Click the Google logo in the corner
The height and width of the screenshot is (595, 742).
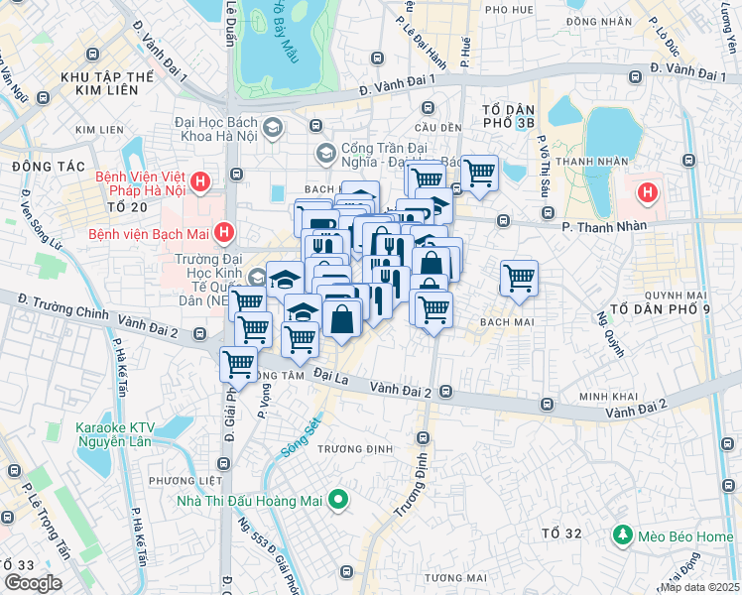[34, 583]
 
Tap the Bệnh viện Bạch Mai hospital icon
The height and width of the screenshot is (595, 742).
[224, 234]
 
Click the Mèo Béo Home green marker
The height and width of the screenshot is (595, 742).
[622, 536]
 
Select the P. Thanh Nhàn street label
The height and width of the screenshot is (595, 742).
[604, 226]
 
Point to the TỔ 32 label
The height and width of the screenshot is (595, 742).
[561, 535]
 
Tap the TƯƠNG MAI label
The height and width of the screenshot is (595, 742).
[455, 577]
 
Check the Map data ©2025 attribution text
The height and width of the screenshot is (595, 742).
[699, 587]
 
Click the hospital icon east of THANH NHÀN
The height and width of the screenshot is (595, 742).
[648, 191]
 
